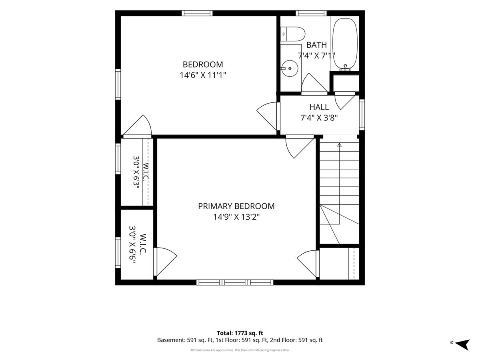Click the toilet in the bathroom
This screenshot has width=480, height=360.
(292, 34)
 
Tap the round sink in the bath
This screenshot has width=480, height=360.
(289, 68)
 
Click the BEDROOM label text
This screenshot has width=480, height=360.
(203, 64)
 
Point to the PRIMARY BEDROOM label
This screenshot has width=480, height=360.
(236, 206)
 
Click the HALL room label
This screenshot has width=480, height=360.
(319, 107)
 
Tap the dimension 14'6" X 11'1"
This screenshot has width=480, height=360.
(203, 75)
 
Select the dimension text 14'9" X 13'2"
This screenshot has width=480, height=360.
(236, 217)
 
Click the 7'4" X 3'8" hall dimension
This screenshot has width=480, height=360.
(319, 118)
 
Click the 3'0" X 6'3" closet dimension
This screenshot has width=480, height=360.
(137, 174)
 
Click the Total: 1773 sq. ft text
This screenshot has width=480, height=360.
(240, 333)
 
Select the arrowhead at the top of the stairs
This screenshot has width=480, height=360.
(339, 144)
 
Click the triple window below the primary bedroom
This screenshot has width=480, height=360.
(235, 282)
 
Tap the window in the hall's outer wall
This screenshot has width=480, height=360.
(362, 114)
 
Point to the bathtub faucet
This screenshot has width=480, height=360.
(345, 68)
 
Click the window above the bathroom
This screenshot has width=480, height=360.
(311, 13)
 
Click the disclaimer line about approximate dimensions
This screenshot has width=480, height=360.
(240, 350)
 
